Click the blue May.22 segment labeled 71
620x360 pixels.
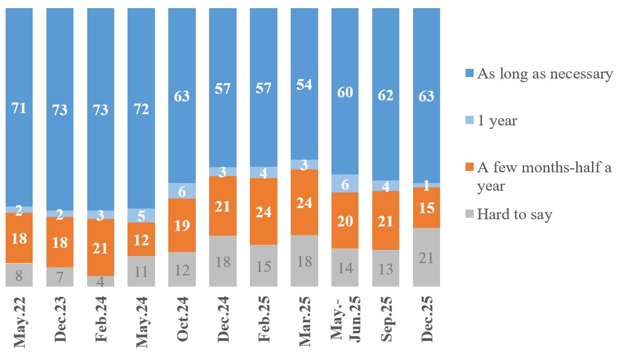19,108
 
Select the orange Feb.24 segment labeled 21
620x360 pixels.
100,247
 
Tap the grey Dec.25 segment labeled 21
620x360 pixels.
426,257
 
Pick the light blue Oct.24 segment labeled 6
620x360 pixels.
182,191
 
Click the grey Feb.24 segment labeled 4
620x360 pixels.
100,281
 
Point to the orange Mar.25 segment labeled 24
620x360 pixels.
304,202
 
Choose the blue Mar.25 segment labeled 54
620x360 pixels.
304,84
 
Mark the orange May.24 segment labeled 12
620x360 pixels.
141,239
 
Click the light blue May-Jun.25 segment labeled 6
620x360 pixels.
345,184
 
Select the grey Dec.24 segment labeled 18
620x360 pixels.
223,261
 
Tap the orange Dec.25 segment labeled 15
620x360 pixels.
426,208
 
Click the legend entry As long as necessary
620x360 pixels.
545,74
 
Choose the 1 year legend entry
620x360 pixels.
497,121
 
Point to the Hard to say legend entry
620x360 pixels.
514,215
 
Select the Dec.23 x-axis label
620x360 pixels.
60,319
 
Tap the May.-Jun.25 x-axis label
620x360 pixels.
345,319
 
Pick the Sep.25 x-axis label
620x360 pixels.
386,319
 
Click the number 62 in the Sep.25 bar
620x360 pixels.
386,95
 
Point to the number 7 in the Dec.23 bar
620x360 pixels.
60,277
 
